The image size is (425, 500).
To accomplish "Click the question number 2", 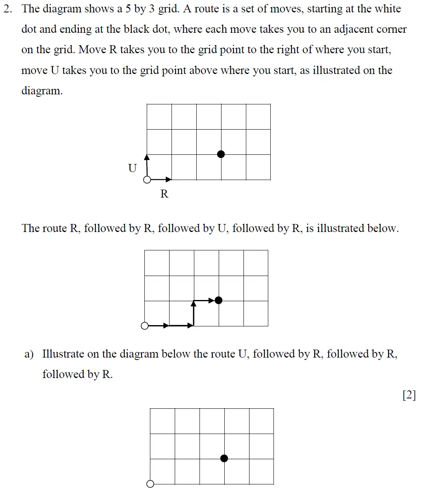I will (x=8, y=9).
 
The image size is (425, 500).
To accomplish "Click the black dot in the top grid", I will (x=221, y=154).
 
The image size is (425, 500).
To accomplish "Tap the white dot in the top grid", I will (x=147, y=180).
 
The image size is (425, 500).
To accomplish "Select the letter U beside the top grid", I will (x=132, y=168).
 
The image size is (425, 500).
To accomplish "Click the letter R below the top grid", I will (x=164, y=194).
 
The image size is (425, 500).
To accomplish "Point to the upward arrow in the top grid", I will (x=147, y=166).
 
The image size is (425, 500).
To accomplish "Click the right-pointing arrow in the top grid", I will (x=160, y=180).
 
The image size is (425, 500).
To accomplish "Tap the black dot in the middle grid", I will (x=218, y=300).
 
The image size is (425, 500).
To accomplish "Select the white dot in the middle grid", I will (x=145, y=326).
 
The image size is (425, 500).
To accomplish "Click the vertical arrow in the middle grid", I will (x=194, y=313).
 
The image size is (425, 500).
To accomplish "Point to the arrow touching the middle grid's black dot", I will (x=206, y=300).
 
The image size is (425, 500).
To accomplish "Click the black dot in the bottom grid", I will (x=224, y=458).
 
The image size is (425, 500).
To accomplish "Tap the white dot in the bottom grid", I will (x=150, y=484).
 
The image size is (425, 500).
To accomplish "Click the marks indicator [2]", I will (x=409, y=395).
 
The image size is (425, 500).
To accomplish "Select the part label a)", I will (x=29, y=354).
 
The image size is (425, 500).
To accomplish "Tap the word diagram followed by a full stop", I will (x=42, y=91).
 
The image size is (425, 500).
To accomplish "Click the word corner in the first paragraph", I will (x=391, y=29).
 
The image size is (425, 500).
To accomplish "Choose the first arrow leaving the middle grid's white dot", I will (x=158, y=326).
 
